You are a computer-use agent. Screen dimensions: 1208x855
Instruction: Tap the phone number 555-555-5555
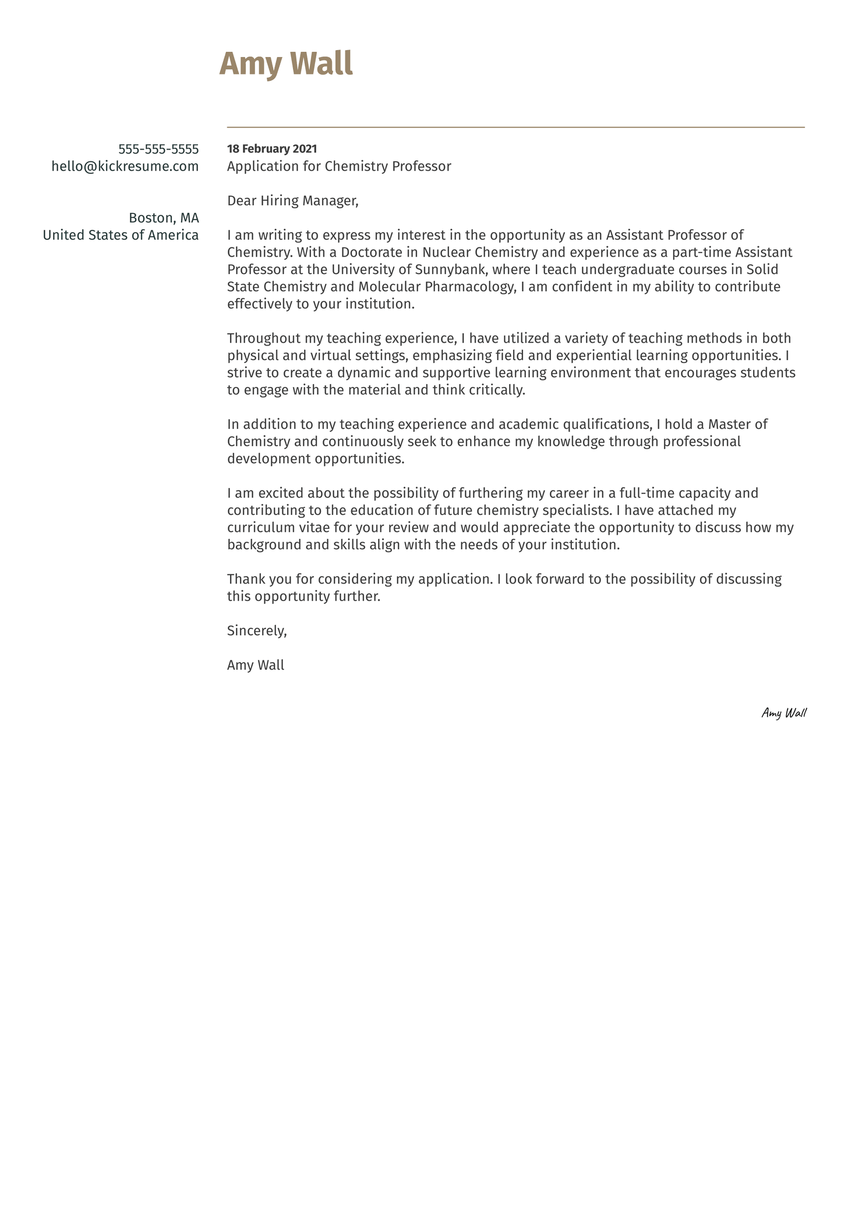158,149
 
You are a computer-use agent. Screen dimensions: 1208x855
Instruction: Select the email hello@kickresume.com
125,166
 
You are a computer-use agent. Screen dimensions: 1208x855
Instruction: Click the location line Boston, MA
164,218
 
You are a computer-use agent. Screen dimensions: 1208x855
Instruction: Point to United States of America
121,235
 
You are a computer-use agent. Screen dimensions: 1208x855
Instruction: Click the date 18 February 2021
271,149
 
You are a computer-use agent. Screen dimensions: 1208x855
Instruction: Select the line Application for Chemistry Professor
338,166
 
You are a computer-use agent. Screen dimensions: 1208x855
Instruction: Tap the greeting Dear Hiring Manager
292,201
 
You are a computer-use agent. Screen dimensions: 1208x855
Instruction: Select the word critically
496,390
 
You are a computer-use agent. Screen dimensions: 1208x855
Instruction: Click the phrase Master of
737,424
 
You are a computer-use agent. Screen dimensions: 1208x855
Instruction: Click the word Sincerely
256,631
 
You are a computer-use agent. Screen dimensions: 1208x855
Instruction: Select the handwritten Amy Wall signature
783,713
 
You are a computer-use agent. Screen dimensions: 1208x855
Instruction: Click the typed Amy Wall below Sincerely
255,665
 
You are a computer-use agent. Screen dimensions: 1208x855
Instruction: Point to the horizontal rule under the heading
515,127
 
